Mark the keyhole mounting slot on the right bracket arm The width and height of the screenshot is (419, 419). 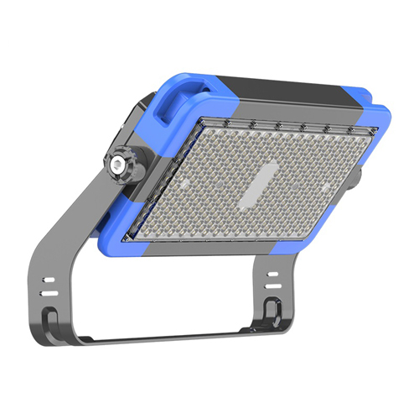[270, 309]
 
